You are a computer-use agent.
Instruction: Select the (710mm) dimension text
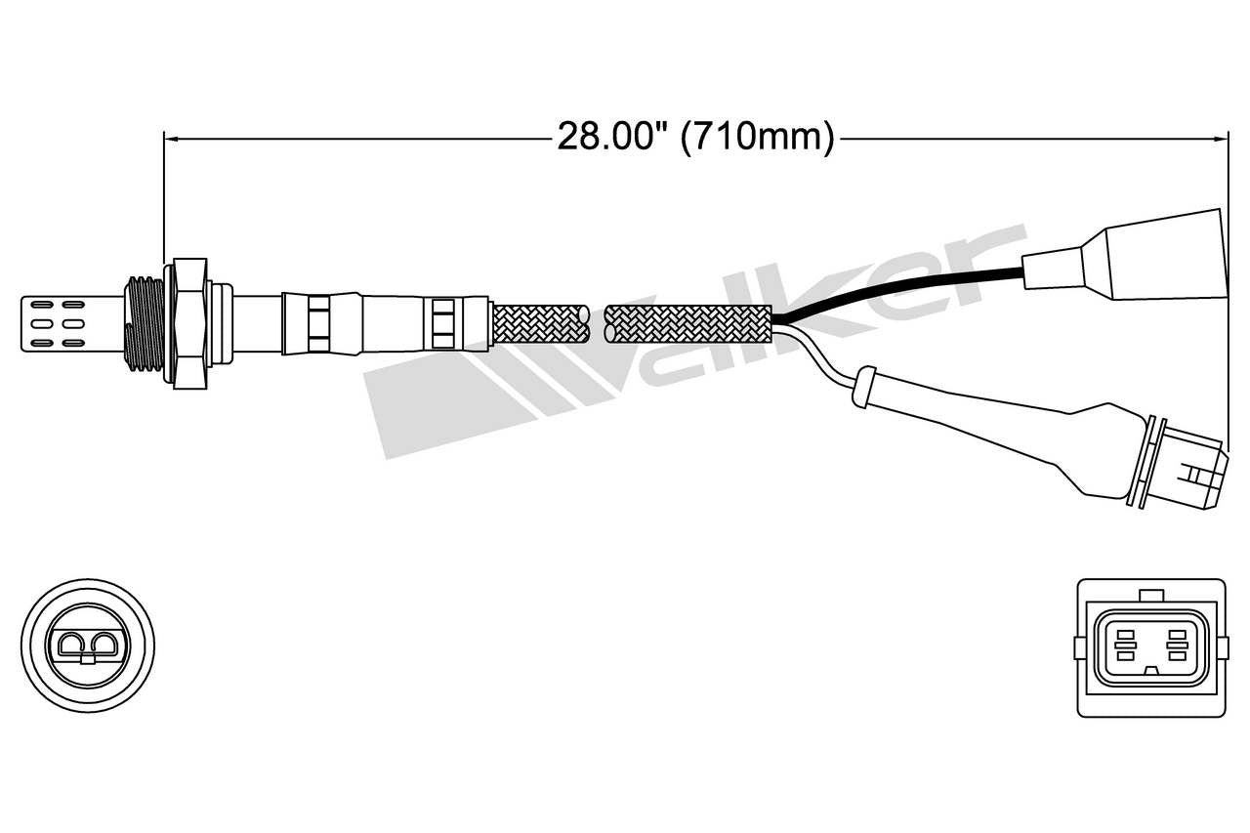point(758,138)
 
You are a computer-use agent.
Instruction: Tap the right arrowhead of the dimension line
point(1221,140)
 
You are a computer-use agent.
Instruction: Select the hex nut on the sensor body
point(187,321)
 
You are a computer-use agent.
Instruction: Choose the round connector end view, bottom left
point(88,646)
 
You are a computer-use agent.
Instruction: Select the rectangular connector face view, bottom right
point(1149,646)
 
